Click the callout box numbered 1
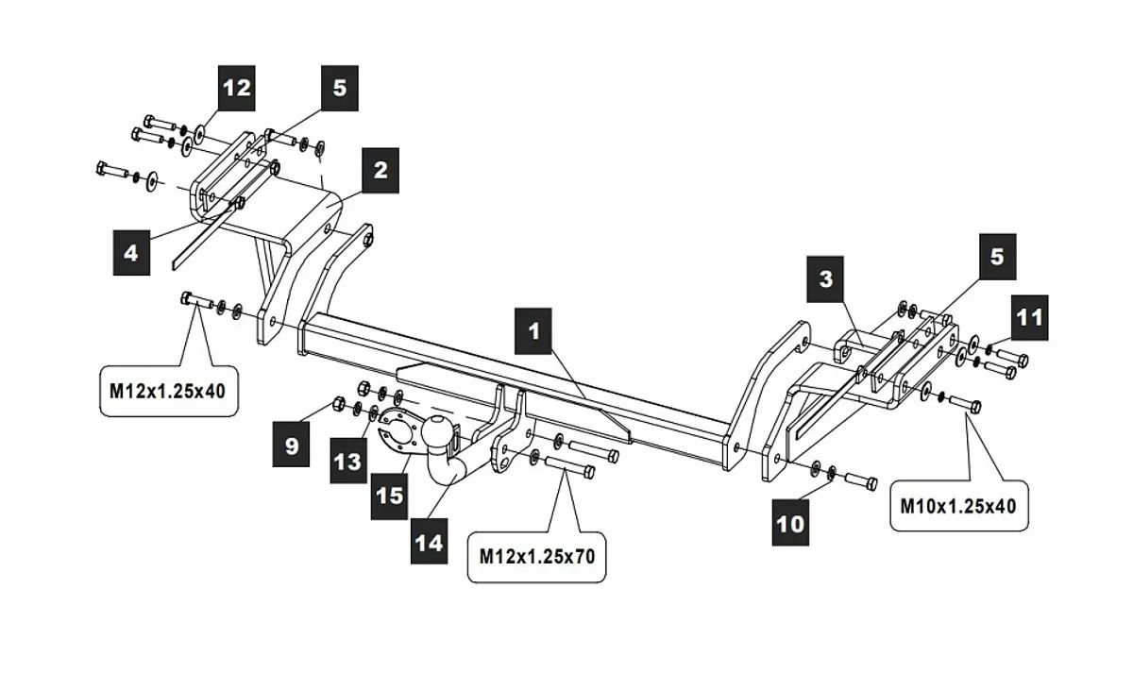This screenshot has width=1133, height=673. (534, 330)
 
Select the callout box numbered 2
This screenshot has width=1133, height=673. (379, 170)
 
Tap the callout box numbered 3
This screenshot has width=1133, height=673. (826, 279)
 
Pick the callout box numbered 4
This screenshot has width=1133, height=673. (131, 254)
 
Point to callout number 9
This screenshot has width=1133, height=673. (291, 445)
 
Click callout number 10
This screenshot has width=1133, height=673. (790, 523)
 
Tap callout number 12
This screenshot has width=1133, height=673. (237, 87)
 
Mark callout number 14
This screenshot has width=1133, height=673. (429, 544)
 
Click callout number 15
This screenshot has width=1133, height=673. (388, 495)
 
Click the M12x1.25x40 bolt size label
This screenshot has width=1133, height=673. (167, 388)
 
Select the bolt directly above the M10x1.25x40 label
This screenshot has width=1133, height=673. (961, 404)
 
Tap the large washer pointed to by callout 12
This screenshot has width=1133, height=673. (200, 131)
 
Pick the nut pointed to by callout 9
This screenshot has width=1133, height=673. (338, 406)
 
